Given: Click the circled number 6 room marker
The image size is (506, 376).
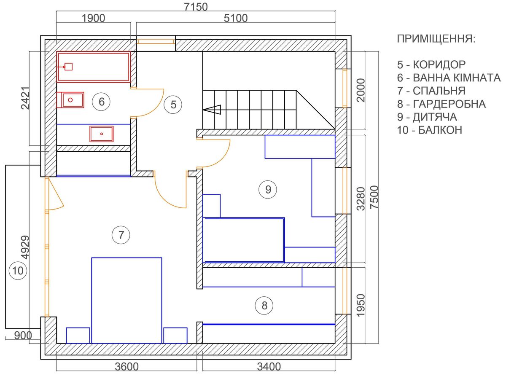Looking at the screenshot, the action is point(101,102).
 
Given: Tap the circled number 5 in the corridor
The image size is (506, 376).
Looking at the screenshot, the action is point(173,105).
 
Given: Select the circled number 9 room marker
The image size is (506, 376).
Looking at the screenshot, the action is point(268,189).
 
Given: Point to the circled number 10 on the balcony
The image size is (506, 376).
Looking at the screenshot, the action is point(18,271).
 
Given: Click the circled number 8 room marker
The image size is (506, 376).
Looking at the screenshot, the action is point(264,305).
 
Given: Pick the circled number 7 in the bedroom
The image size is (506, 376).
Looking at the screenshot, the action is point(121,235).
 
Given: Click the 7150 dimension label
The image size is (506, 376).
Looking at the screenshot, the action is point(196,7).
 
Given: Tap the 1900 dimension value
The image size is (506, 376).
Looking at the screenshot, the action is point(93,18).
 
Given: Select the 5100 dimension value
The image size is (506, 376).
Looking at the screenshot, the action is point(236,18).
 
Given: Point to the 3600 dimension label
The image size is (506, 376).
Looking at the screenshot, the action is point(126,367).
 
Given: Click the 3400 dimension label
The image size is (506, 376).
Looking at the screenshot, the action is point(269,367).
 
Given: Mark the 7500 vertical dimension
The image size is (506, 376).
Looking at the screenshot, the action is point(374,197).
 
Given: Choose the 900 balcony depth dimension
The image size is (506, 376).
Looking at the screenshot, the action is point(23,336).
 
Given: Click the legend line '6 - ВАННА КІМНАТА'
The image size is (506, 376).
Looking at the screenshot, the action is point(449,78).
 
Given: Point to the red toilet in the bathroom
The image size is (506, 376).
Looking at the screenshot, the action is point(70,100).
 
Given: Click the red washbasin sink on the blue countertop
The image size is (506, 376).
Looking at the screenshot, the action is point(102,134).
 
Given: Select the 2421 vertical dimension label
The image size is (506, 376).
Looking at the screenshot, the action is point(25,98).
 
